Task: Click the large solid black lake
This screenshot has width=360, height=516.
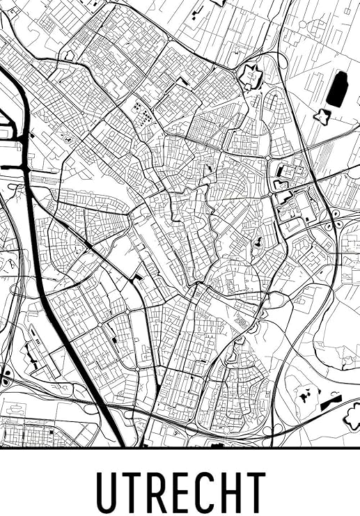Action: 337,89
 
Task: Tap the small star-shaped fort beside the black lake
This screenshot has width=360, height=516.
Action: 322,116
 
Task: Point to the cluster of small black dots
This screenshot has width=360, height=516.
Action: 141,114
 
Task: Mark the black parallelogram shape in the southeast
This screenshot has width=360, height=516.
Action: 331,404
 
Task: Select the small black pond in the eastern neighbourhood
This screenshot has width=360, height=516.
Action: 258,242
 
